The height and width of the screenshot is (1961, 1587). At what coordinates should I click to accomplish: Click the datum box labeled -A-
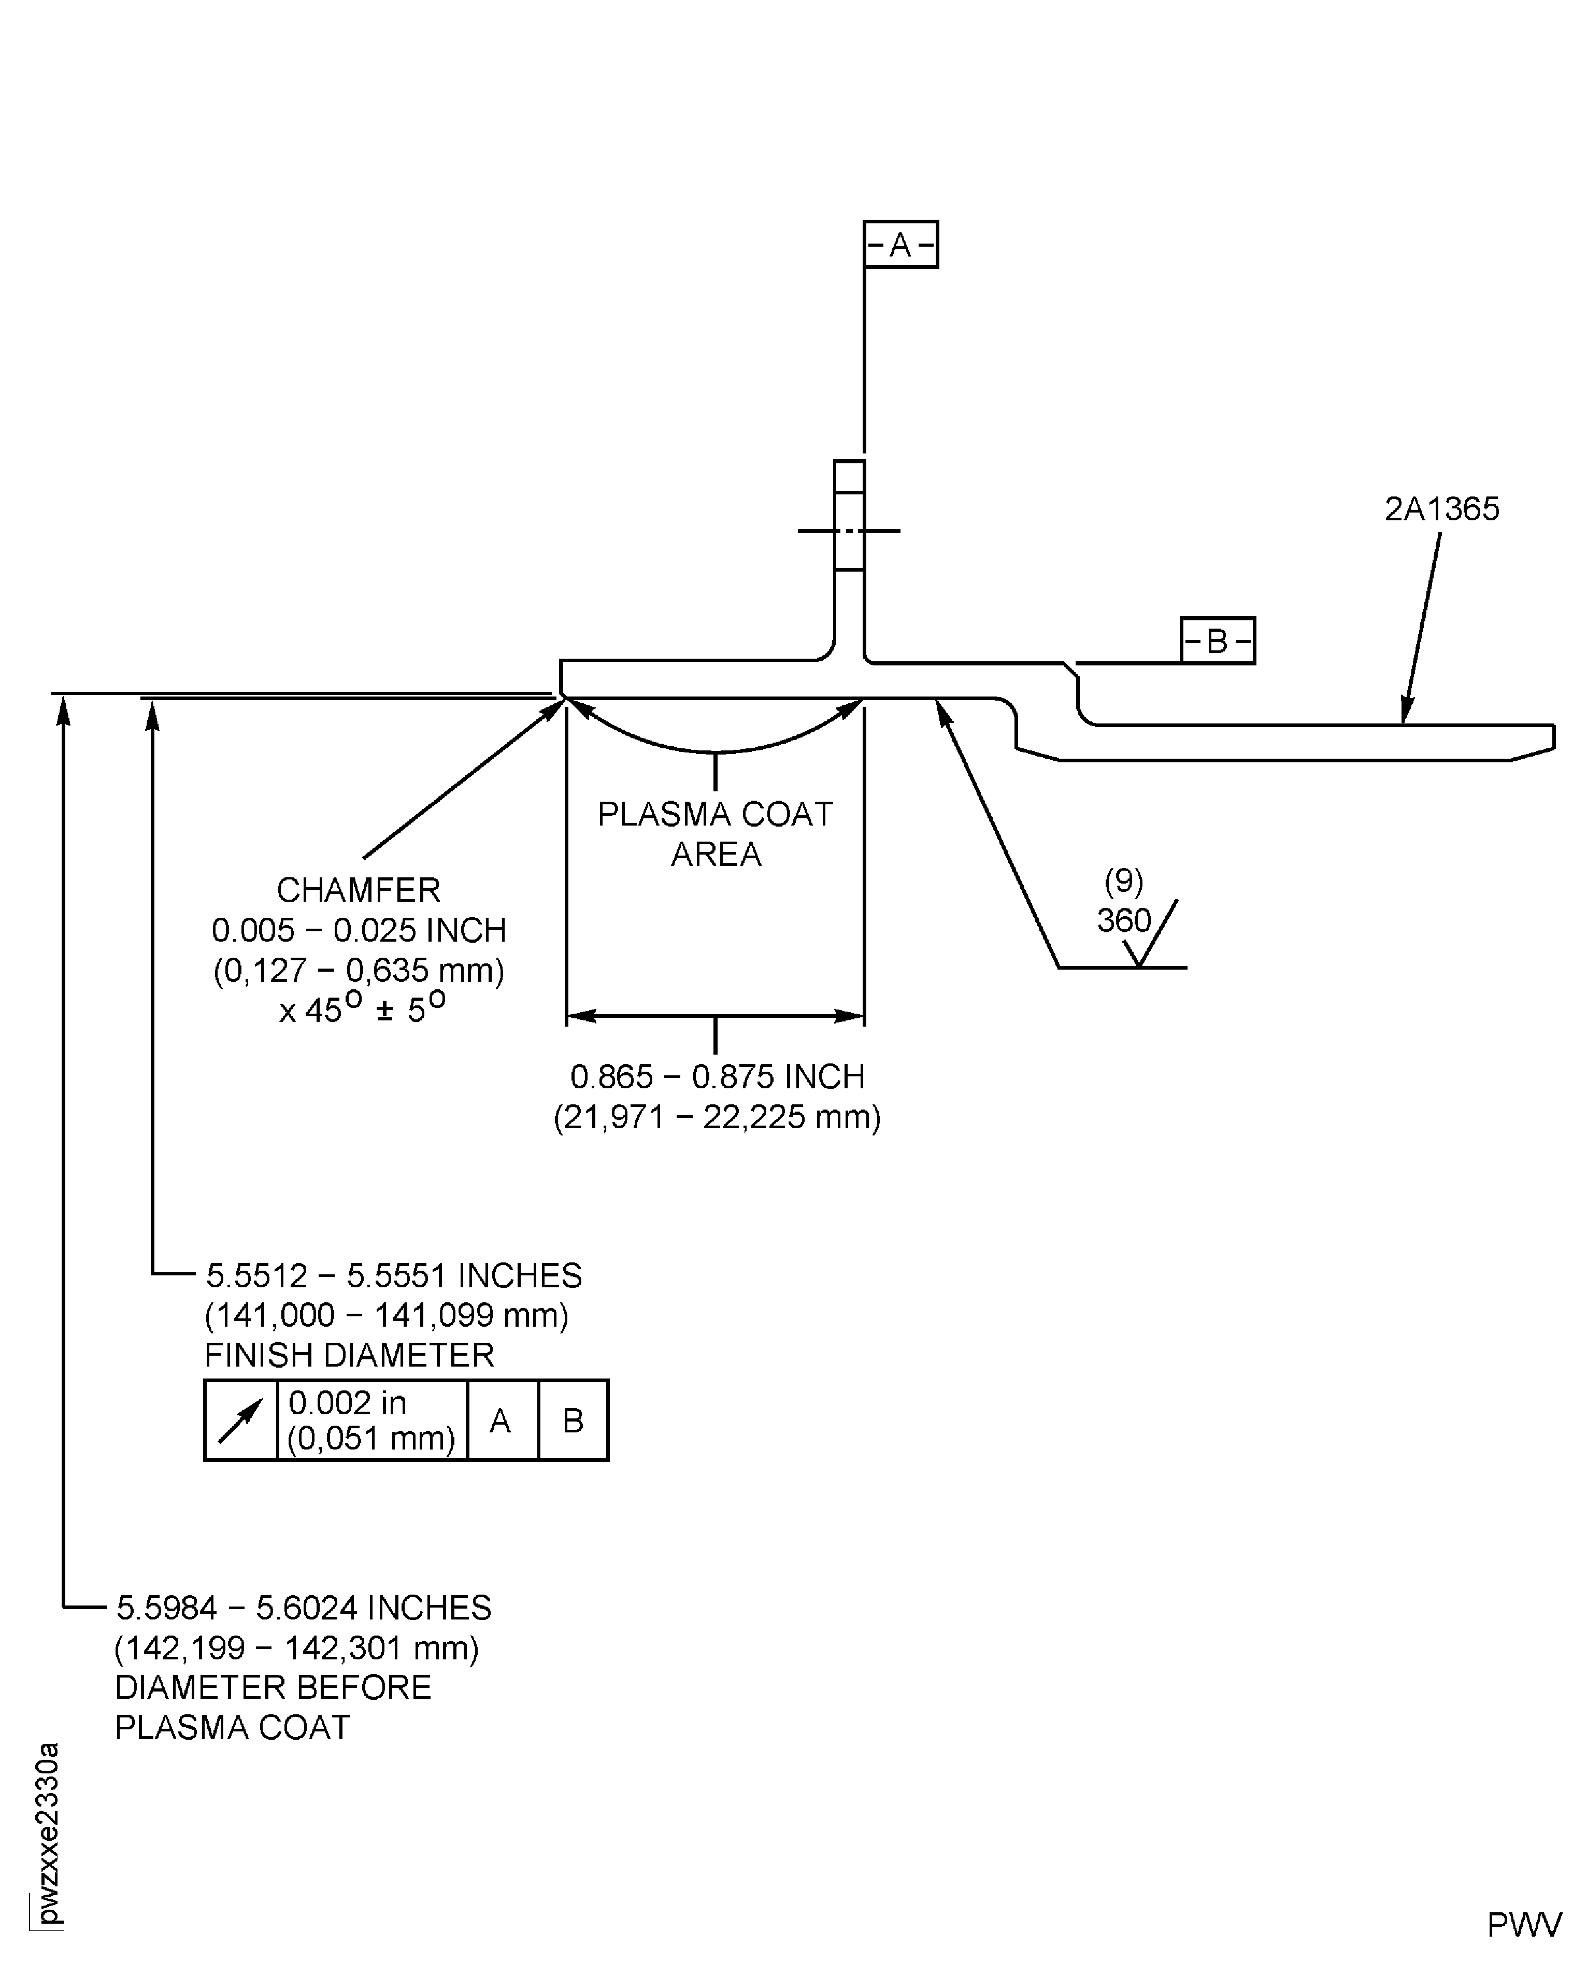[x=900, y=244]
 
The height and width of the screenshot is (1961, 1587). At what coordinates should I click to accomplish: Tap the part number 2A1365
[x=1441, y=509]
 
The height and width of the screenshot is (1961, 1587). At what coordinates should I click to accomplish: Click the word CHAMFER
[x=359, y=889]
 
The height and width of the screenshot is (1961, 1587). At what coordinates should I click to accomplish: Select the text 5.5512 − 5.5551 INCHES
[x=393, y=1275]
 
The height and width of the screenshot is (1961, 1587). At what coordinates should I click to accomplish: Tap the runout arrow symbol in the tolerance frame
[x=240, y=1420]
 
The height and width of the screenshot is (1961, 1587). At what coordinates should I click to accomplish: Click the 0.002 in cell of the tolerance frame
[x=371, y=1420]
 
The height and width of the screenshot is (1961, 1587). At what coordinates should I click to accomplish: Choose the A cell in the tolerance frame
[x=501, y=1420]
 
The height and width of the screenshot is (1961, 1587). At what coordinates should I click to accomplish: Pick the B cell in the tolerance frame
[x=573, y=1420]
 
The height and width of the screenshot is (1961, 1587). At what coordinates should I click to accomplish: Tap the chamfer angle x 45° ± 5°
[x=362, y=1010]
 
